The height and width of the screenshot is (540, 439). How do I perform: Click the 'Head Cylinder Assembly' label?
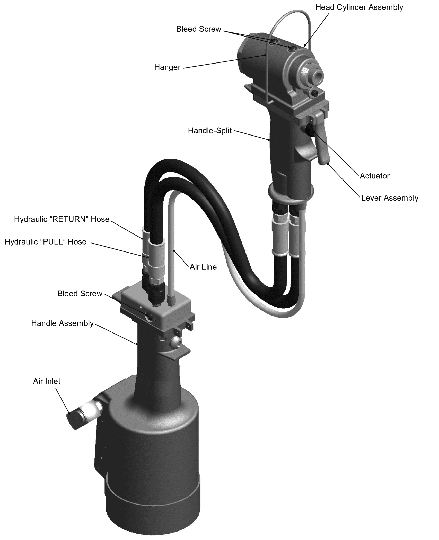(359, 7)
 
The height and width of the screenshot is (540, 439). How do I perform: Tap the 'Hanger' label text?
(167, 67)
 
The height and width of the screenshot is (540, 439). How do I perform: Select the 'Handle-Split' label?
(210, 131)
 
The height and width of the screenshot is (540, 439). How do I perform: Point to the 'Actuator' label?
(374, 176)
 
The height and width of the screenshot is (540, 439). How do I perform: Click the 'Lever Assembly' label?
(390, 198)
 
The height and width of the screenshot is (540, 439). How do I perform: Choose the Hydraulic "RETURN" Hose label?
(62, 219)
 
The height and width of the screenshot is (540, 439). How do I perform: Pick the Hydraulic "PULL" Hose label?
(46, 242)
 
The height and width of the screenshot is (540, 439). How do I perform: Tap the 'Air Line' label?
(203, 267)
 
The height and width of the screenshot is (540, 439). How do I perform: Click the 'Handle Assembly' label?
(62, 323)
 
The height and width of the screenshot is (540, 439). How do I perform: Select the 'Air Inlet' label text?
(47, 381)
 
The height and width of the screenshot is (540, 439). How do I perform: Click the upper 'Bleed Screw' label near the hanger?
(199, 29)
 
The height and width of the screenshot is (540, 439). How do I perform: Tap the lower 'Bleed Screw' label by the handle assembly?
(80, 294)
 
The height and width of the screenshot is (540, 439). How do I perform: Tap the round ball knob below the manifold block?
(175, 342)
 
